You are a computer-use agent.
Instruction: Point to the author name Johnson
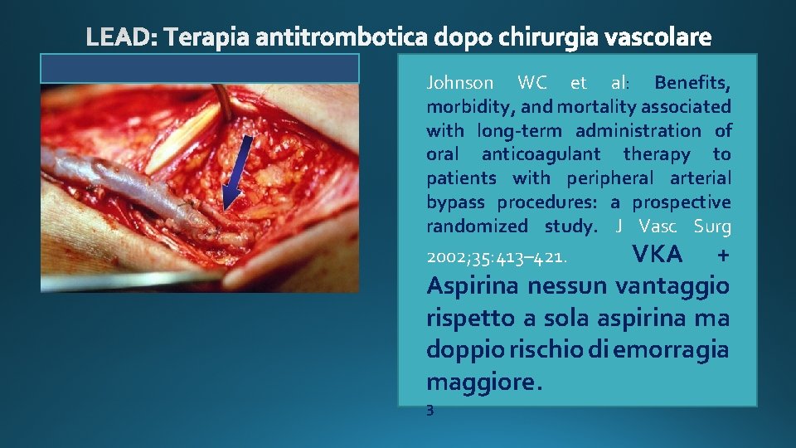[460, 83]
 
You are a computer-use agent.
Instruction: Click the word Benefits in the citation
[692, 83]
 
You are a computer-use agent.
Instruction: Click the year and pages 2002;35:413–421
[497, 257]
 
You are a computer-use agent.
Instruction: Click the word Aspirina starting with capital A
[475, 286]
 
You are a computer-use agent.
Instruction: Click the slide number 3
[430, 409]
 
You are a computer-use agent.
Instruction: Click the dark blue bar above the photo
[200, 68]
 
